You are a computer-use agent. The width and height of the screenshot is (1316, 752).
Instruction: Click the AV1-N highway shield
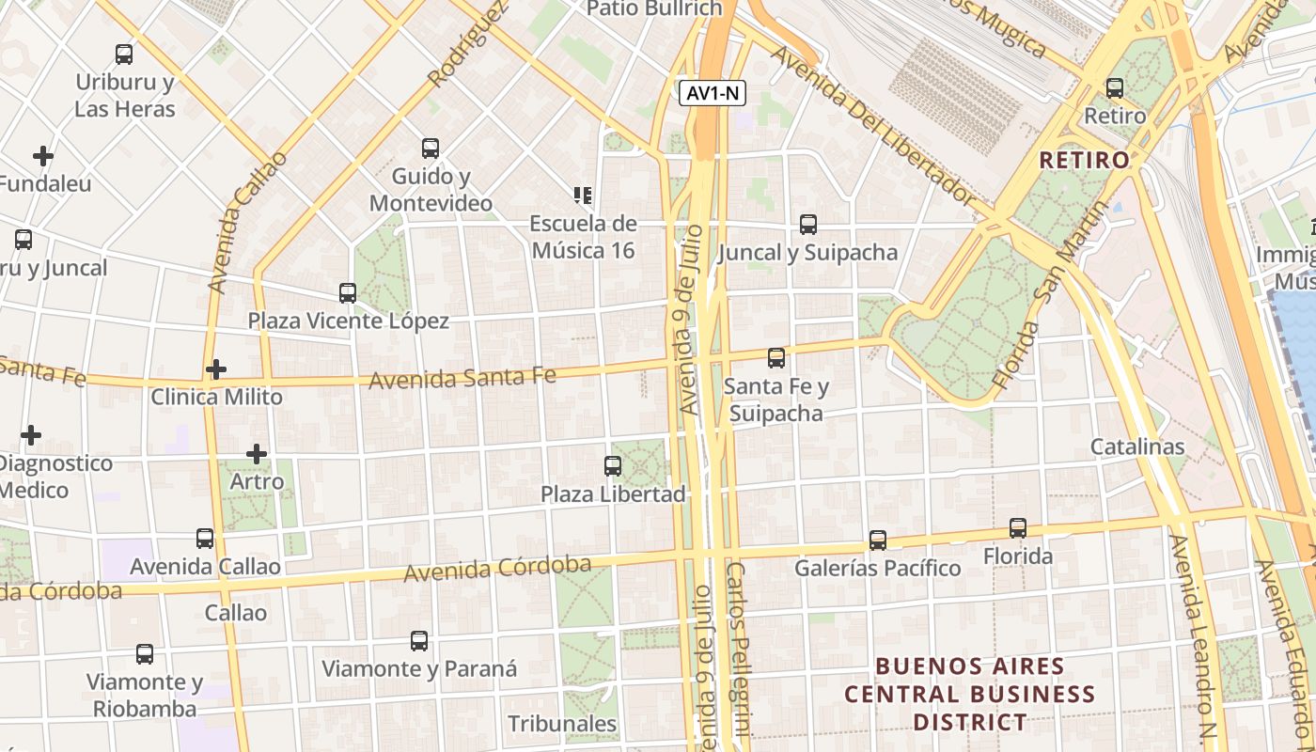coord(712,92)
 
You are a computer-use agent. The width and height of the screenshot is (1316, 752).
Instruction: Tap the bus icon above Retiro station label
coord(1115,88)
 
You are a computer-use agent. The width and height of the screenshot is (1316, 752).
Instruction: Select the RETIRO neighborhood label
coord(1084,160)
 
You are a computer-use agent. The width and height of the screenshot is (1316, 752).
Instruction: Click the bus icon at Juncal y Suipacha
coord(808,225)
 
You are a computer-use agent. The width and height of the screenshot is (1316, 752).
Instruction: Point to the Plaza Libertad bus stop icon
coord(613,465)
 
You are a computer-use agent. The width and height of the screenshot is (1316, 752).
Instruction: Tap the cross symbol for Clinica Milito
coord(216,369)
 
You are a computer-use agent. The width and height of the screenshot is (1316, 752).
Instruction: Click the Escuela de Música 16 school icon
coord(583,196)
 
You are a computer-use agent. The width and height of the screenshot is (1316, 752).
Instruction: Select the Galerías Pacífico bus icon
coord(878,540)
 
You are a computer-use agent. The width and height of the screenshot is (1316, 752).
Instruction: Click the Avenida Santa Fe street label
coord(462,378)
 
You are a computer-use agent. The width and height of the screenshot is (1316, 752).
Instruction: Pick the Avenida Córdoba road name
coord(497,569)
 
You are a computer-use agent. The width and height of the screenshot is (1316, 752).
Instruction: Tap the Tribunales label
coord(562,724)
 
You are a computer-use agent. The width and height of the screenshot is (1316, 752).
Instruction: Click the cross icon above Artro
coord(257,455)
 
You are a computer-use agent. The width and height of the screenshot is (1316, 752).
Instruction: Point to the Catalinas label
coord(1137,446)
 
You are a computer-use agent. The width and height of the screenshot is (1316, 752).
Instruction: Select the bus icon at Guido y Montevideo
coord(431,149)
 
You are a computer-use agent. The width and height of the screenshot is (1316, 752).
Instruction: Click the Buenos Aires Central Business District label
coord(969,695)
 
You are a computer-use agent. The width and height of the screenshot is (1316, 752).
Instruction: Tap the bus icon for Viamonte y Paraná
coord(419,641)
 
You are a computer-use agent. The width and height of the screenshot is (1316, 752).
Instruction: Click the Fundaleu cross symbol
coord(43,156)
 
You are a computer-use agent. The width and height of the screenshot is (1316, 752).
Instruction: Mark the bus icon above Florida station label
coord(1018,528)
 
